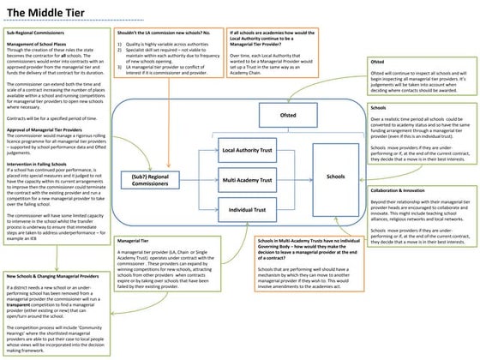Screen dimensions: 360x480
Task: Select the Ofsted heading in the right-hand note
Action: point(376,63)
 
